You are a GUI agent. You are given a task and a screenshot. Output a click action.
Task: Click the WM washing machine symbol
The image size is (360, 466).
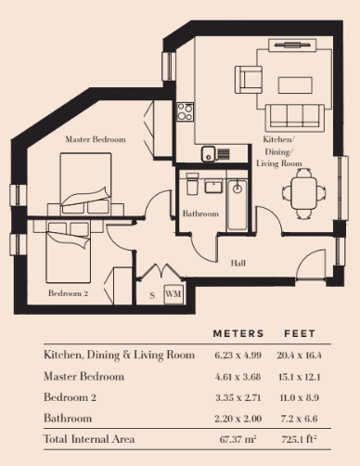pos(174,294)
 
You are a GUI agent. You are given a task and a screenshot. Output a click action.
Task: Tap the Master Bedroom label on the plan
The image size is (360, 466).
pos(96,139)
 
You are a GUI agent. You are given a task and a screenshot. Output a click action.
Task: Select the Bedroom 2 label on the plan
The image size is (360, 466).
pos(68,293)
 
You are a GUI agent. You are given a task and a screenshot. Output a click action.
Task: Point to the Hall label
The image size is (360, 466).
pos(238,264)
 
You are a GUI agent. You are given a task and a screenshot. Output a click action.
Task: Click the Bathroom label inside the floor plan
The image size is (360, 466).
pos(200,214)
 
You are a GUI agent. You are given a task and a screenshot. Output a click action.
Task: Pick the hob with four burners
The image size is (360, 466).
pos(186,111)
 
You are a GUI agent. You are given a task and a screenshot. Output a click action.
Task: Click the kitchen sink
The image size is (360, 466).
pos(209,154)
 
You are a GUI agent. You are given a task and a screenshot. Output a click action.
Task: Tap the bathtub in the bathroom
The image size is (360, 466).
pos(238,204)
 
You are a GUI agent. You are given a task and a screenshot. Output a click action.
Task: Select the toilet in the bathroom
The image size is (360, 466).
pos(192,183)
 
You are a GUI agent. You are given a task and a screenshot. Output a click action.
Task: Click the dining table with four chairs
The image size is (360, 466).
pos(303,194)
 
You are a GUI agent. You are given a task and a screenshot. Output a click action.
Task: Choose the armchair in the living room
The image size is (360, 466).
pos(249,80)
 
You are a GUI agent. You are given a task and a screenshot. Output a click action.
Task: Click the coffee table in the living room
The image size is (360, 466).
pos(295,85)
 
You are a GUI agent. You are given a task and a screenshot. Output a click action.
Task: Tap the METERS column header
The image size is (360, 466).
pos(238,333)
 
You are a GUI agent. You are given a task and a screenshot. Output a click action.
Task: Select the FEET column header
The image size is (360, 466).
pos(300,333)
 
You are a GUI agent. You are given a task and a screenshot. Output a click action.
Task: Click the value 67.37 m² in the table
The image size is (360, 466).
pos(238,439)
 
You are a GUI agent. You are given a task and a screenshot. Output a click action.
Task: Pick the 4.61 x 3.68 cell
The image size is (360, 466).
pos(238,377)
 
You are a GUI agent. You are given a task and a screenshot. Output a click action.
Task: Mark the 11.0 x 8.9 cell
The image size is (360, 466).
pos(299,397)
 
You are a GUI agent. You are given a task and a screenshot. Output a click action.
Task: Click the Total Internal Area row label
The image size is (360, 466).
pos(89,439)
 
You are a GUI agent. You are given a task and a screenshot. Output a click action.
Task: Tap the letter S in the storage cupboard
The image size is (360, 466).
pos(152,295)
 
